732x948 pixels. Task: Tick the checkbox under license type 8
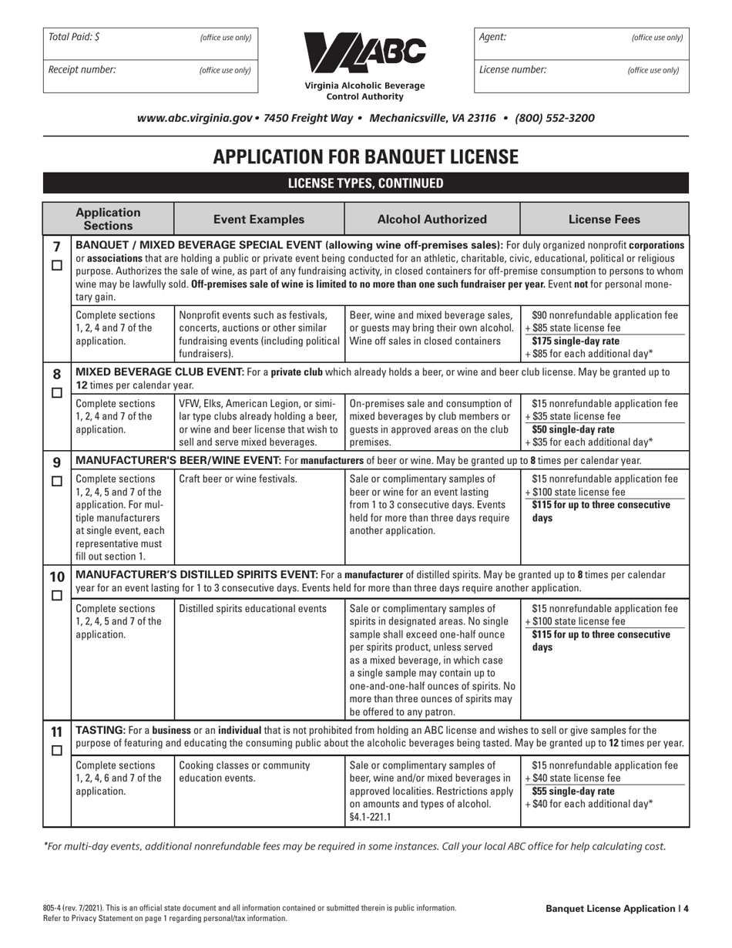pos(56,392)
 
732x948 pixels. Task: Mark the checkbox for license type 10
pos(56,596)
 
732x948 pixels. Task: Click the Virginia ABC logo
pos(365,53)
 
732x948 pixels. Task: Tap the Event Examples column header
pos(259,219)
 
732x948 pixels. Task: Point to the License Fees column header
pos(604,219)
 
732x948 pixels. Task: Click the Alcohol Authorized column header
pos(431,219)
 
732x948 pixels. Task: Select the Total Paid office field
pos(150,37)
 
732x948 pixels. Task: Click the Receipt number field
pos(150,70)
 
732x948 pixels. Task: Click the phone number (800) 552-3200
pos(554,119)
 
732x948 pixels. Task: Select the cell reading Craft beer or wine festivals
pos(238,479)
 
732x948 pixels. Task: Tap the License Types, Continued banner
pos(365,183)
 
